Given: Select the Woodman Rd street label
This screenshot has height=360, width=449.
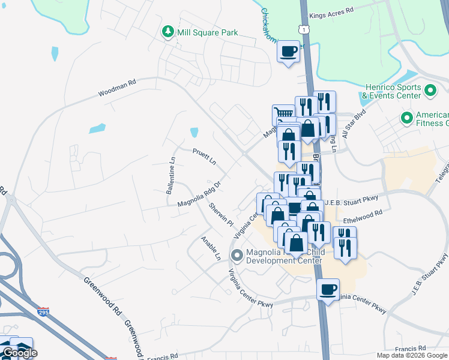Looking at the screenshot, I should [118, 88].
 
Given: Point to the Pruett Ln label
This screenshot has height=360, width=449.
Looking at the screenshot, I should [204, 157].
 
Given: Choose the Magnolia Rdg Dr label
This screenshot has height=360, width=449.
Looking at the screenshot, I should [199, 195].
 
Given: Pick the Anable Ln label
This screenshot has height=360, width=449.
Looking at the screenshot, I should [210, 247].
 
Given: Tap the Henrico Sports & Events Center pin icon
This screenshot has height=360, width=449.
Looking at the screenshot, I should [430, 91].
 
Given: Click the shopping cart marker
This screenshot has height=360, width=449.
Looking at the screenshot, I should [283, 114].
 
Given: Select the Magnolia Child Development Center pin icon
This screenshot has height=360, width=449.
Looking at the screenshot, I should [237, 256].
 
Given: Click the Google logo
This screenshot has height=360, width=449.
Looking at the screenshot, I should [20, 353].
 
